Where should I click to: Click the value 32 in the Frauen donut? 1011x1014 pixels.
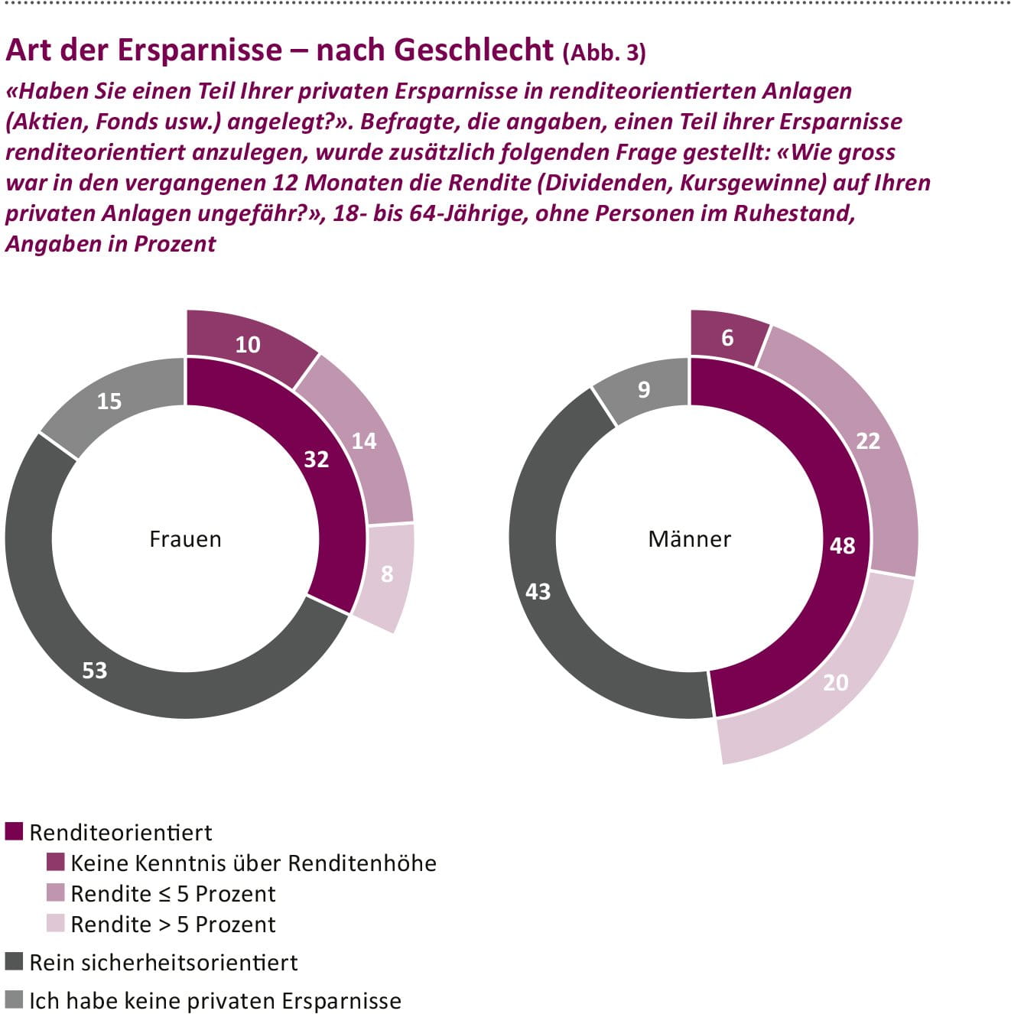pyautogui.click(x=316, y=459)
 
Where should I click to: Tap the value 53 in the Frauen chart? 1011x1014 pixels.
pyautogui.click(x=95, y=670)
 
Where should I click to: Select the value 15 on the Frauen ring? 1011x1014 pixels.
pyautogui.click(x=109, y=401)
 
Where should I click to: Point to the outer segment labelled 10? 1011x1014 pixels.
pyautogui.click(x=247, y=344)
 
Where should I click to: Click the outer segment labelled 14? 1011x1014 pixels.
pyautogui.click(x=364, y=440)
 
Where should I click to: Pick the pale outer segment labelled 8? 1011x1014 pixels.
pyautogui.click(x=387, y=574)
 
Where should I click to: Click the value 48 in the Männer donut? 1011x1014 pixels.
pyautogui.click(x=842, y=545)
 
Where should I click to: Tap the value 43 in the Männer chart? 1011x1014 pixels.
pyautogui.click(x=538, y=591)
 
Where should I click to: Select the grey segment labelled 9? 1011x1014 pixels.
pyautogui.click(x=644, y=389)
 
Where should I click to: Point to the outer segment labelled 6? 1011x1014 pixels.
pyautogui.click(x=727, y=337)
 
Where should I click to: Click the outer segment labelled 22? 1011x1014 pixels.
pyautogui.click(x=868, y=440)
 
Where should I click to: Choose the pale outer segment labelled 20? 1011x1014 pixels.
pyautogui.click(x=835, y=682)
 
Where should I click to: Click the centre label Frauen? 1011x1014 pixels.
pyautogui.click(x=185, y=539)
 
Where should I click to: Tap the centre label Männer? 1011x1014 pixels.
pyautogui.click(x=689, y=539)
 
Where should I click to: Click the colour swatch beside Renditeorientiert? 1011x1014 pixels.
pyautogui.click(x=14, y=831)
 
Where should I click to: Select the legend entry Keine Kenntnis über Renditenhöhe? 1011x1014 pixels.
pyautogui.click(x=253, y=863)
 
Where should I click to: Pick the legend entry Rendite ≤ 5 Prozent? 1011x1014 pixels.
pyautogui.click(x=173, y=893)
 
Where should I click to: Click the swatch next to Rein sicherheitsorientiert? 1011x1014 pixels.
pyautogui.click(x=14, y=961)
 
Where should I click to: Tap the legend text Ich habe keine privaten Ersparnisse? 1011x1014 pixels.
pyautogui.click(x=215, y=1000)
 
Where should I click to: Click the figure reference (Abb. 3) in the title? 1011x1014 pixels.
pyautogui.click(x=604, y=52)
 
